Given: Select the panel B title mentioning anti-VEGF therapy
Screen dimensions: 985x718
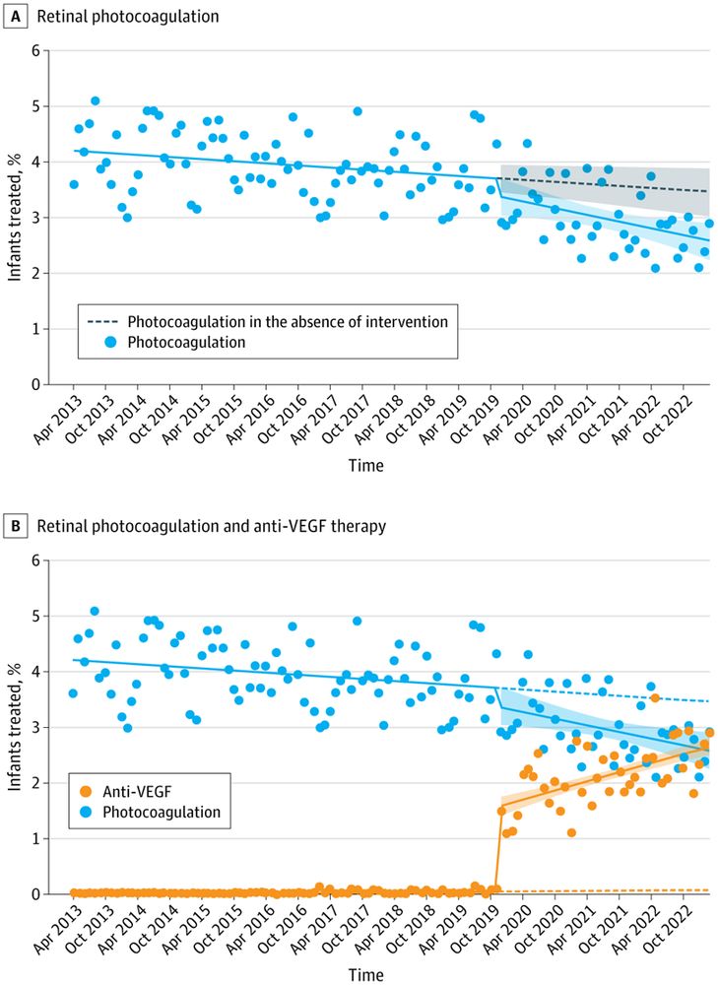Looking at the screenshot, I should [212, 527].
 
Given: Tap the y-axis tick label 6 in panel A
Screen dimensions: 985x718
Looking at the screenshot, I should [35, 50].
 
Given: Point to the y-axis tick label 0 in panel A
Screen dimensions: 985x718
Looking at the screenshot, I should [35, 384].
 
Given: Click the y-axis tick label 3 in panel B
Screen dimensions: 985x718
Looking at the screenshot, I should [35, 727].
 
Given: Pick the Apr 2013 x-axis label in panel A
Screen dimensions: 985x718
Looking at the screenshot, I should [57, 422].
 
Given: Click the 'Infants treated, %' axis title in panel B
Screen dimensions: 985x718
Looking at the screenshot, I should [15, 727].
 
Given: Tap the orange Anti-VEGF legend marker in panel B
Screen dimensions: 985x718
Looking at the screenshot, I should [87, 792].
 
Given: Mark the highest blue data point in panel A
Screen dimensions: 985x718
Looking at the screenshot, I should [96, 100].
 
